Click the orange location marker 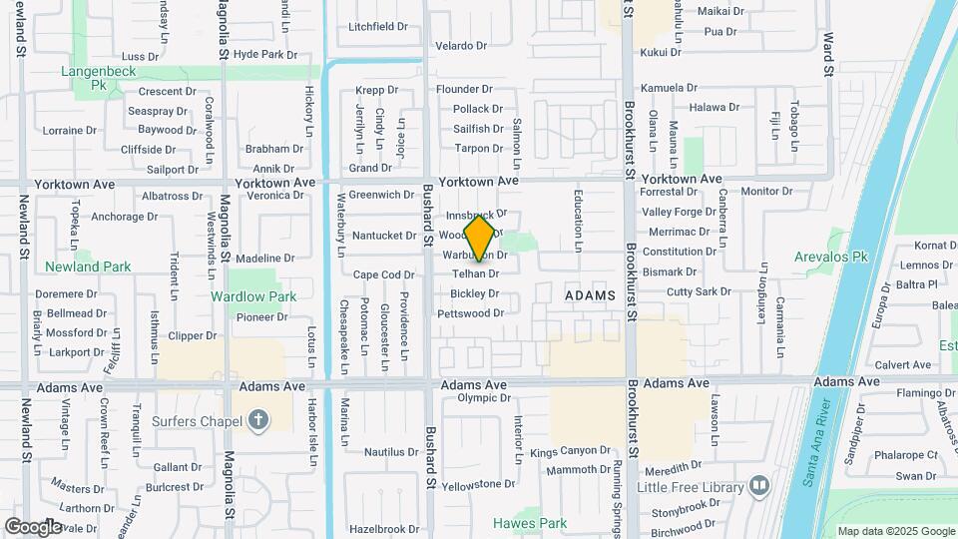click(x=480, y=238)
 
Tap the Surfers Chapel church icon click(x=259, y=419)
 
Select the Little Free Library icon click(x=759, y=486)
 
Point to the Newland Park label click(x=88, y=267)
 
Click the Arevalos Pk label click(x=832, y=257)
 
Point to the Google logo click(x=33, y=526)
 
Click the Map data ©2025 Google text click(x=894, y=531)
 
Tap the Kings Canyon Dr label click(x=570, y=451)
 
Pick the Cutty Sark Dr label click(x=699, y=291)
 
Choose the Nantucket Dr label click(x=384, y=236)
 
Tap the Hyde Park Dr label click(x=265, y=54)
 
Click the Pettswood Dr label click(x=470, y=313)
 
